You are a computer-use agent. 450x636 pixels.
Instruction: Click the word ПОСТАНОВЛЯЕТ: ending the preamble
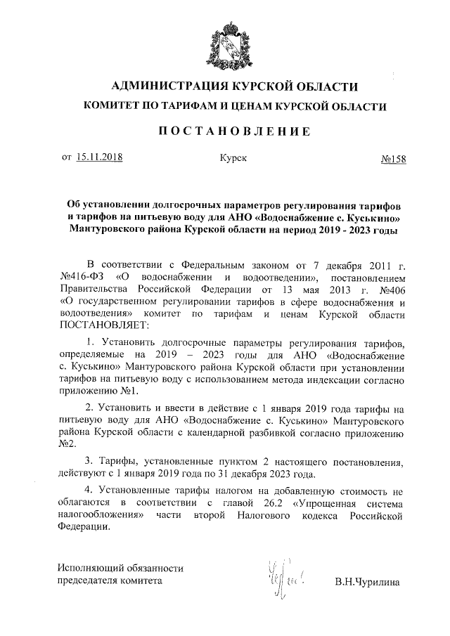[x=105, y=326]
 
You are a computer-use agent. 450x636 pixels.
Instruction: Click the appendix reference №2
[x=66, y=444]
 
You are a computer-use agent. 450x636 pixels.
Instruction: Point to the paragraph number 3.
[x=88, y=462]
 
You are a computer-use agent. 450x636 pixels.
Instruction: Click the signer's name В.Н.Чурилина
[x=367, y=582]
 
